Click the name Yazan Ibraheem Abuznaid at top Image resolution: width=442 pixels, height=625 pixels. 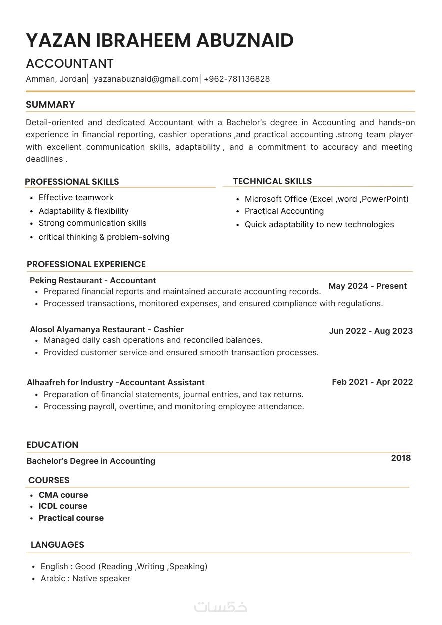[x=159, y=40]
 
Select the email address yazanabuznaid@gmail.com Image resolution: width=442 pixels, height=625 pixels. [x=146, y=79]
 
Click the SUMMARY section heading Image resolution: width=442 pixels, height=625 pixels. [x=50, y=105]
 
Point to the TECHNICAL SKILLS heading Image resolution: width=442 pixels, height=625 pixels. [x=272, y=181]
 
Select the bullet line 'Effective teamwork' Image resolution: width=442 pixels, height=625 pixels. [x=76, y=197]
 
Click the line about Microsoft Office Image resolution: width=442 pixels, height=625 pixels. [x=326, y=199]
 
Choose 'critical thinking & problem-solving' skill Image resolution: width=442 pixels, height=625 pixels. [x=104, y=237]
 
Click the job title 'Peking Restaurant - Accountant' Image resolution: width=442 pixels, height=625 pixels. [x=93, y=280]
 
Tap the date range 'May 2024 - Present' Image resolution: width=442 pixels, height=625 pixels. [x=367, y=286]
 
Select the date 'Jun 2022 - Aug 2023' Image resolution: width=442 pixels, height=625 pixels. [x=371, y=331]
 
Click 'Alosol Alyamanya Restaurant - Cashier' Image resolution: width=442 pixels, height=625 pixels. [x=107, y=329]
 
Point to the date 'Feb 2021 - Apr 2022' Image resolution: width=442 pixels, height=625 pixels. [x=372, y=382]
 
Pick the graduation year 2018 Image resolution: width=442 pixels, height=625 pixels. [x=401, y=458]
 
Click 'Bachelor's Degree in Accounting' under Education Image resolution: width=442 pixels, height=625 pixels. [x=91, y=461]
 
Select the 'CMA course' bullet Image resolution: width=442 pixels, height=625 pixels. [x=63, y=495]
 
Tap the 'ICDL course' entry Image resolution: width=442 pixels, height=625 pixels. [x=63, y=506]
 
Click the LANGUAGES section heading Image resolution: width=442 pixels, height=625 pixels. [x=57, y=545]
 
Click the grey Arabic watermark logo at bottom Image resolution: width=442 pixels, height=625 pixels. [x=221, y=606]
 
